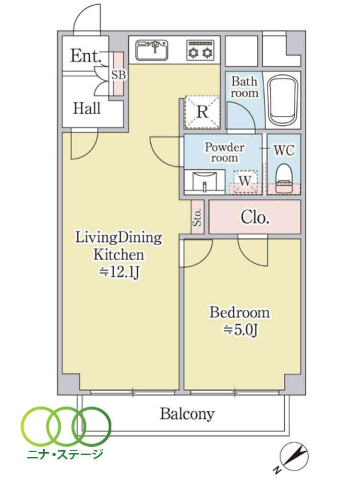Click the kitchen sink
click(x=152, y=49)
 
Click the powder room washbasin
click(x=205, y=181)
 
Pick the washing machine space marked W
click(x=245, y=182)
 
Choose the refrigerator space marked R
click(x=203, y=112)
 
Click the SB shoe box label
click(x=119, y=75)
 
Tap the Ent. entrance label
click(x=86, y=56)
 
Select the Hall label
click(x=86, y=108)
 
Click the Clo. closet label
click(x=255, y=217)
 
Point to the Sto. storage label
click(x=198, y=217)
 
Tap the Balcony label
click(x=187, y=415)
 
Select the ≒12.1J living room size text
click(x=120, y=272)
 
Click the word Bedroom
click(x=240, y=313)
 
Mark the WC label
click(x=284, y=151)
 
